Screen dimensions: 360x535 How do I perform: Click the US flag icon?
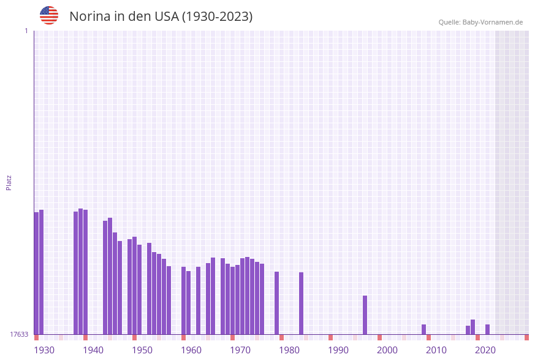pyautogui.click(x=49, y=15)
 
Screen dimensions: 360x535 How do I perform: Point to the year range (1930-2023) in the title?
pyautogui.click(x=217, y=17)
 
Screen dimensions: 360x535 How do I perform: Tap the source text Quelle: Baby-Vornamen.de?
pyautogui.click(x=480, y=22)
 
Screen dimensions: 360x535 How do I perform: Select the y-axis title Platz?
pyautogui.click(x=9, y=182)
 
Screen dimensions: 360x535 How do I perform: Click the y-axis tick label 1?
pyautogui.click(x=26, y=31)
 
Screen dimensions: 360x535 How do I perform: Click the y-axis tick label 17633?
pyautogui.click(x=19, y=334)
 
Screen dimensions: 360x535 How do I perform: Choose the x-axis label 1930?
pyautogui.click(x=44, y=350)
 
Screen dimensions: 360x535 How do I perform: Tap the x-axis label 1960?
pyautogui.click(x=191, y=350)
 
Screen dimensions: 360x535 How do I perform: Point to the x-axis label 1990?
pyautogui.click(x=338, y=350)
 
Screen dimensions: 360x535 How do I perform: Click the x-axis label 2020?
pyautogui.click(x=485, y=350)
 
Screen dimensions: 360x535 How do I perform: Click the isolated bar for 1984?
pyautogui.click(x=301, y=303)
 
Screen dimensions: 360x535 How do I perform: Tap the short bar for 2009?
pyautogui.click(x=423, y=329)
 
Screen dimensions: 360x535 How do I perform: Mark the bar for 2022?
pyautogui.click(x=487, y=329)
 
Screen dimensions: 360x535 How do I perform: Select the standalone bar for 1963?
pyautogui.click(x=198, y=300)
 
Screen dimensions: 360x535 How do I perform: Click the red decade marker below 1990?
pyautogui.click(x=330, y=337)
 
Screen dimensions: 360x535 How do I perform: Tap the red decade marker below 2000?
pyautogui.click(x=379, y=337)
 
